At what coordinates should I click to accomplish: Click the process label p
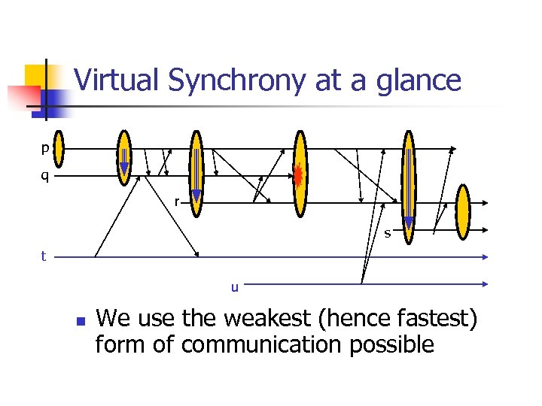pyautogui.click(x=45, y=149)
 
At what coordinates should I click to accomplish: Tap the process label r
pyautogui.click(x=176, y=201)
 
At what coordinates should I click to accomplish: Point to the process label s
pyautogui.click(x=388, y=233)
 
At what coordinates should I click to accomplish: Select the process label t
pyautogui.click(x=44, y=256)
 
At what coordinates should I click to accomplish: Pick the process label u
pyautogui.click(x=235, y=286)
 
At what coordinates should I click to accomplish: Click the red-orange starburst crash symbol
pyautogui.click(x=298, y=176)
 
